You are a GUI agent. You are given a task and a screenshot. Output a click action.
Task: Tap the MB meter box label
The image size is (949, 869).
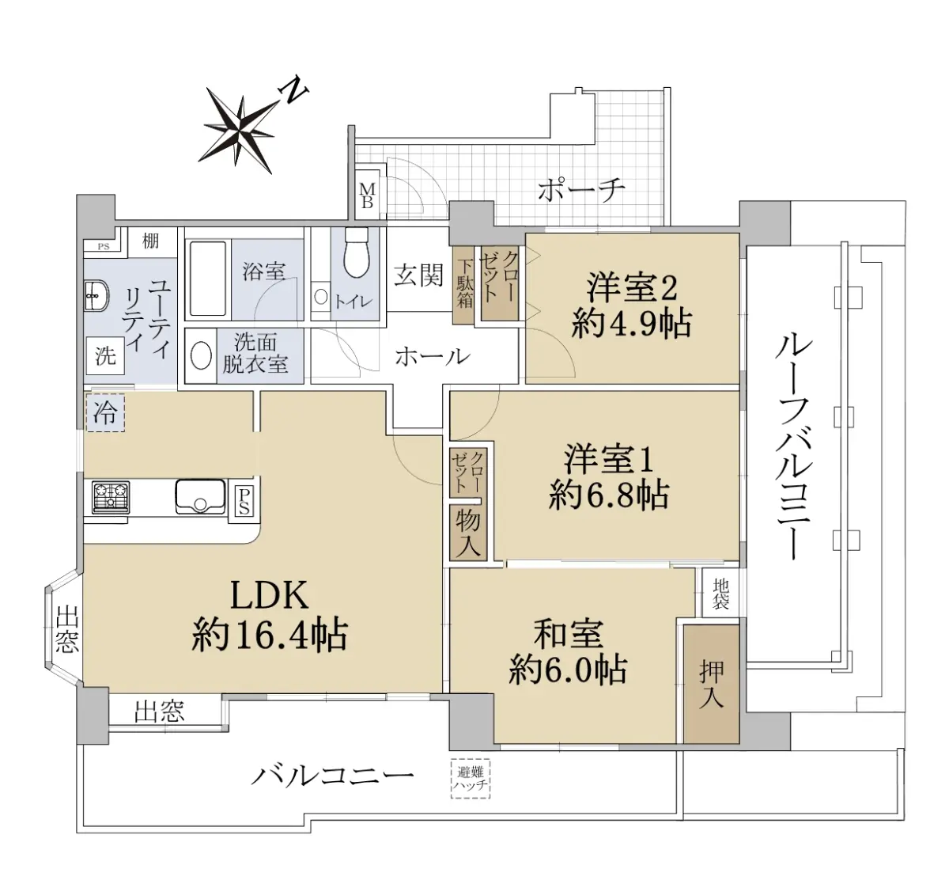[x=368, y=195]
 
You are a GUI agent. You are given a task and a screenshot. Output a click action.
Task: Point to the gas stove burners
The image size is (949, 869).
[x=111, y=497]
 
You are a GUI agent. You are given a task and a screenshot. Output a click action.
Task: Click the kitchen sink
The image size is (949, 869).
[x=200, y=497]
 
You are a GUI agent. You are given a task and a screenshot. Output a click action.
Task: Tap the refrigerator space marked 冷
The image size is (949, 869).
[x=105, y=412]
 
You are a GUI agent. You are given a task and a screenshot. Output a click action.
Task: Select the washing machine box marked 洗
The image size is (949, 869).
[x=105, y=355]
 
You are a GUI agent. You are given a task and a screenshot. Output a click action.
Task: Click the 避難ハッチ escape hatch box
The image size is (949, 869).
[x=470, y=779]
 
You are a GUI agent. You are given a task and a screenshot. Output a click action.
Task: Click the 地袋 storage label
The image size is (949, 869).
[x=720, y=594]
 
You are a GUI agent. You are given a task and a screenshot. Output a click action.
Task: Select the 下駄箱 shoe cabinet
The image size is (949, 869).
[x=463, y=285]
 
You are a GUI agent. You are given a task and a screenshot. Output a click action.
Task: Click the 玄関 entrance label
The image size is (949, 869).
[x=418, y=275]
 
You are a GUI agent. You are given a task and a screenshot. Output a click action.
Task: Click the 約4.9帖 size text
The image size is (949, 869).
[x=632, y=324]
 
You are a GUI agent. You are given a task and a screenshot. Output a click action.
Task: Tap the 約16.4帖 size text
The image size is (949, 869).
[x=270, y=635]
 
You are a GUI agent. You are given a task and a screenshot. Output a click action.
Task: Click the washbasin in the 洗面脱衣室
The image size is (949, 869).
[x=201, y=355]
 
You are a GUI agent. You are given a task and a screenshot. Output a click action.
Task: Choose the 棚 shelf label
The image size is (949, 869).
[x=150, y=241]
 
